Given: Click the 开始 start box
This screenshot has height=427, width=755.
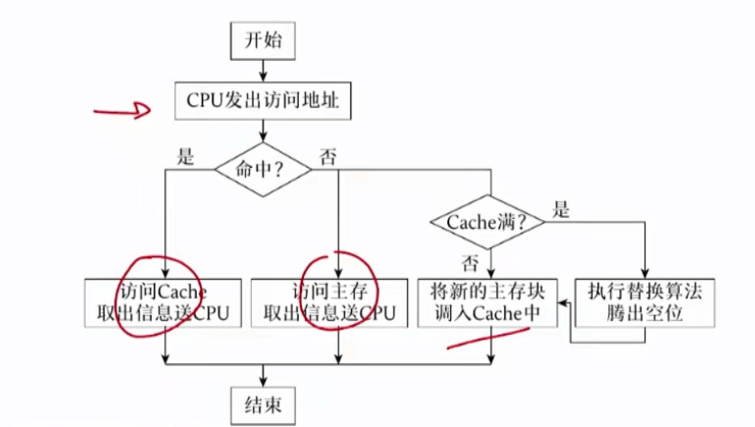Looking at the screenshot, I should (263, 41).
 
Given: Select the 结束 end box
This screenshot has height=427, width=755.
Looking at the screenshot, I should (263, 405).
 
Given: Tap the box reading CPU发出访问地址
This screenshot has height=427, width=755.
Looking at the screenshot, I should (263, 101).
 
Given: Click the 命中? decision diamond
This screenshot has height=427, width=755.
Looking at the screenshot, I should (263, 169).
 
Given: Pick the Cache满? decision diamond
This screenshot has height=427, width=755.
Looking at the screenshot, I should (487, 222).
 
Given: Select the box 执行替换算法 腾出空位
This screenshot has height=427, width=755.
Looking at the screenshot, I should (645, 303).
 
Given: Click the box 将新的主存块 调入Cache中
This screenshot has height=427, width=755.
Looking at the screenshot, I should (487, 303).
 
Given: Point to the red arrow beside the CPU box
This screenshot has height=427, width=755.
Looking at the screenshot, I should (123, 111).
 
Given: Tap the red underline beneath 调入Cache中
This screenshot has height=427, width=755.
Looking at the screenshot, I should (488, 338).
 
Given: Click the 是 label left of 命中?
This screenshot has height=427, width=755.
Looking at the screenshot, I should (186, 157).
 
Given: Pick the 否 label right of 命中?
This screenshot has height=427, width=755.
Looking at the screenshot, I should (328, 157).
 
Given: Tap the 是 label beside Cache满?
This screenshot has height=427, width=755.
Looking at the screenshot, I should (561, 210).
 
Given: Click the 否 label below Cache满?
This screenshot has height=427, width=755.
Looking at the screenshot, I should (470, 264).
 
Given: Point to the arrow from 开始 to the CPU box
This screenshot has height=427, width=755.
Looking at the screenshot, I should (263, 71).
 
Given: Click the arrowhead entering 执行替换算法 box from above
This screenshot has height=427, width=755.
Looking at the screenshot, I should (645, 274).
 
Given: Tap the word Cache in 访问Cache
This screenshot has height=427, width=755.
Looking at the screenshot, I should (182, 293).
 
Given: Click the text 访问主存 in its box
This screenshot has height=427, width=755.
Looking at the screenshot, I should (330, 292).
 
